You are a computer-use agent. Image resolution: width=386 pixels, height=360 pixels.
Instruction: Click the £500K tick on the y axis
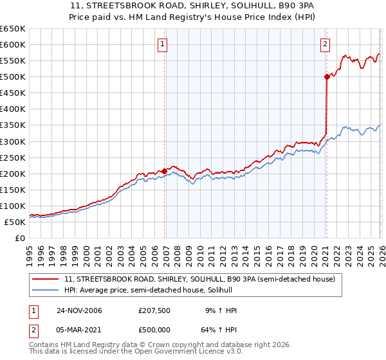[x=12, y=77]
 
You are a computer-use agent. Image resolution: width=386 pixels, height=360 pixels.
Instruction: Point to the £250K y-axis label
[x=12, y=157]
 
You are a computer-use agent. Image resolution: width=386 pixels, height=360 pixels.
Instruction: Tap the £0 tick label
[x=19, y=239]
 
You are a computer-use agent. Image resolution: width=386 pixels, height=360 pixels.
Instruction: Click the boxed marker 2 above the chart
[x=325, y=44]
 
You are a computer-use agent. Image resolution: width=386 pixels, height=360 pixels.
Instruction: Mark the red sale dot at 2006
[x=165, y=171]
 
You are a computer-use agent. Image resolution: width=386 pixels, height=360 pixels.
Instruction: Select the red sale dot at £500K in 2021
[x=327, y=77]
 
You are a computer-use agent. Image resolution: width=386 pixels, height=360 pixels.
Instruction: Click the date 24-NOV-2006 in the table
[x=79, y=310]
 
